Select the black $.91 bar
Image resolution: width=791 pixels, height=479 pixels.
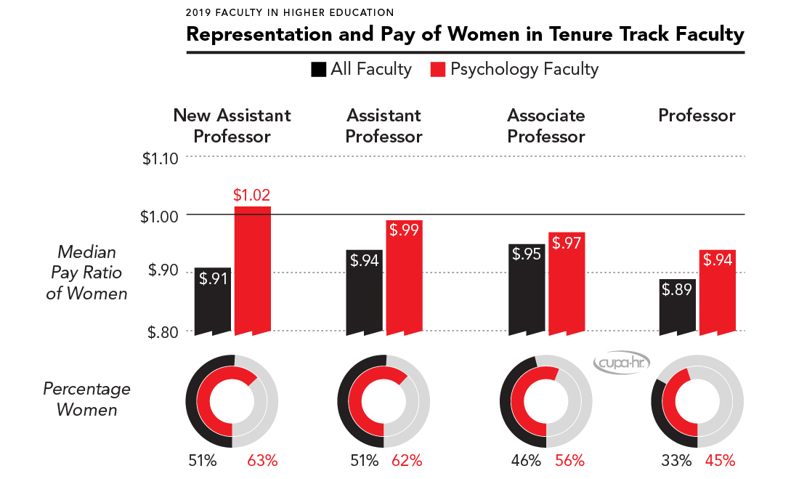[213, 301]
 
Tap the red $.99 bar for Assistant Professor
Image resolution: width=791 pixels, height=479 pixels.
[405, 277]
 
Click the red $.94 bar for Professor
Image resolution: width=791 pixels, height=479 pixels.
[717, 291]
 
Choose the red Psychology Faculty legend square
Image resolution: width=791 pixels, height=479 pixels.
[438, 70]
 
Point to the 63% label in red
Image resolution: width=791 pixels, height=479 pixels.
[262, 460]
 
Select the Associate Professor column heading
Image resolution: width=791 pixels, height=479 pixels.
[546, 126]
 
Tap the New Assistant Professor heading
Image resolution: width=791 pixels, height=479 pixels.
[232, 126]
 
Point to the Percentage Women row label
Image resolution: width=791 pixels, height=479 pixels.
[86, 399]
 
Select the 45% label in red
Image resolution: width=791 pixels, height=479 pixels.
[720, 460]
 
